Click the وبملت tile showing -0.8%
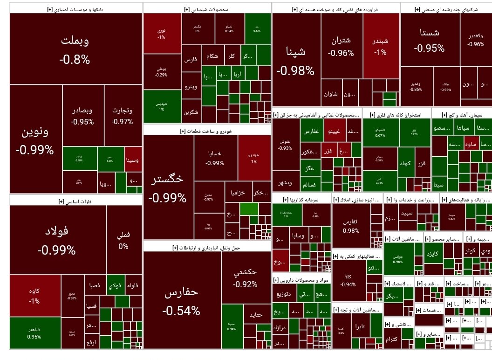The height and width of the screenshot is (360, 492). click(75, 49)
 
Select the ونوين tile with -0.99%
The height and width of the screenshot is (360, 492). click(35, 140)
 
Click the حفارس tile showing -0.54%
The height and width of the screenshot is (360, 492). click(182, 301)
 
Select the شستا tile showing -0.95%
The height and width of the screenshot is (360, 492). click(429, 40)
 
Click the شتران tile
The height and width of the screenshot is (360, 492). click(341, 46)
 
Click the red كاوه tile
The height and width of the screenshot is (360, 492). click(34, 296)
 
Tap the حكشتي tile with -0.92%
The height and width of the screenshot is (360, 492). click(246, 278)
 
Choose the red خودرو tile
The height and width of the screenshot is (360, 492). click(253, 157)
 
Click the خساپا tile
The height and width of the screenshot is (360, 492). click(215, 158)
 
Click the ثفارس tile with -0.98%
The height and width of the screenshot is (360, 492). click(350, 226)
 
